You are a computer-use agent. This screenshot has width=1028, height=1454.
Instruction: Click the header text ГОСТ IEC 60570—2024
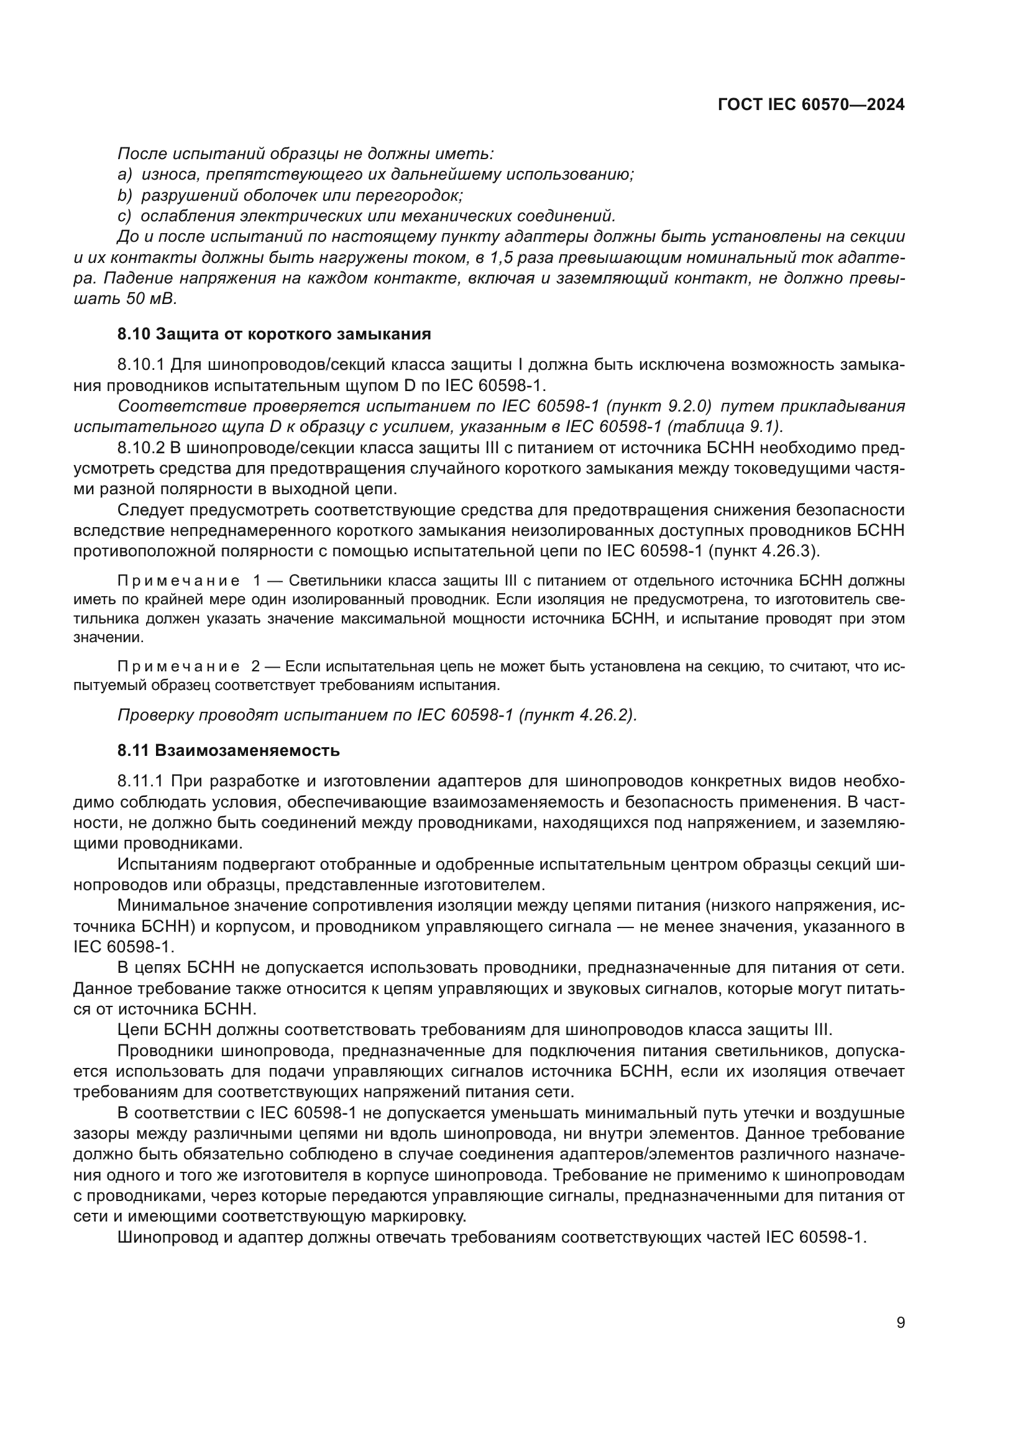coord(811,105)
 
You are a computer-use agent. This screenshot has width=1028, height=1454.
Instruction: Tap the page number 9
coord(901,1322)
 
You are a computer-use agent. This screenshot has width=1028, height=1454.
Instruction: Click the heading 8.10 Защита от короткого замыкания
coord(274,334)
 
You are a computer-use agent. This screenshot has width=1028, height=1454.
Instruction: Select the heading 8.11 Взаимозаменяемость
coord(229,750)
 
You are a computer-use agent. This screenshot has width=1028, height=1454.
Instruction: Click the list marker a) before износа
coord(125,174)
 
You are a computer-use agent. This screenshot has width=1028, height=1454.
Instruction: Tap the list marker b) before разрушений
coord(125,195)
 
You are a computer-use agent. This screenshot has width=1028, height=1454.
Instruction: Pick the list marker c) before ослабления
coord(124,216)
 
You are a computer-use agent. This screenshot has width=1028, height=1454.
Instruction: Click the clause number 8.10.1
coord(140,365)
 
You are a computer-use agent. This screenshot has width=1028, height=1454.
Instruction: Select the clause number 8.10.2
coord(140,448)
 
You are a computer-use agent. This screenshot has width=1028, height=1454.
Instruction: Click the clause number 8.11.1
coord(140,781)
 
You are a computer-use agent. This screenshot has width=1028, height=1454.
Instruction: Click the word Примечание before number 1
coord(178,581)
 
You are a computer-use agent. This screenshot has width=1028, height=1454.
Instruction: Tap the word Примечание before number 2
coord(178,666)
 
